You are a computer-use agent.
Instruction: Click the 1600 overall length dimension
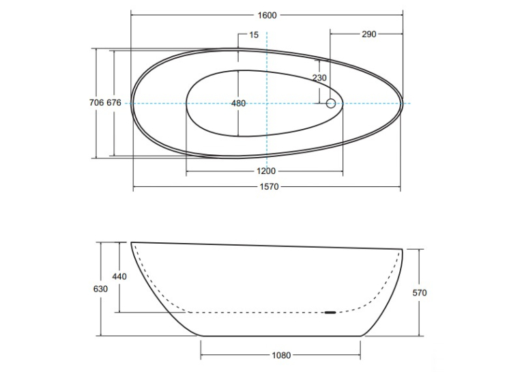(x=267, y=15)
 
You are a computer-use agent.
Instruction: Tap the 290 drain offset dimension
(x=369, y=34)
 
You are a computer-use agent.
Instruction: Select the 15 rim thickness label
(x=254, y=35)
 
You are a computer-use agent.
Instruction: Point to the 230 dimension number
(x=319, y=78)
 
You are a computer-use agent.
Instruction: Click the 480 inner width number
(x=238, y=104)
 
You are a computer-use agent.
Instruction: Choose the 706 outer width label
(x=96, y=102)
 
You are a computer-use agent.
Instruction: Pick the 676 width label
(x=114, y=102)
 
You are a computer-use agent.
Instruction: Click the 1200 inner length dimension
(x=266, y=171)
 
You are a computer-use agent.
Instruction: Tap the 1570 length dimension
(x=269, y=187)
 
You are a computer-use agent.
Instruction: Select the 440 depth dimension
(x=119, y=276)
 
